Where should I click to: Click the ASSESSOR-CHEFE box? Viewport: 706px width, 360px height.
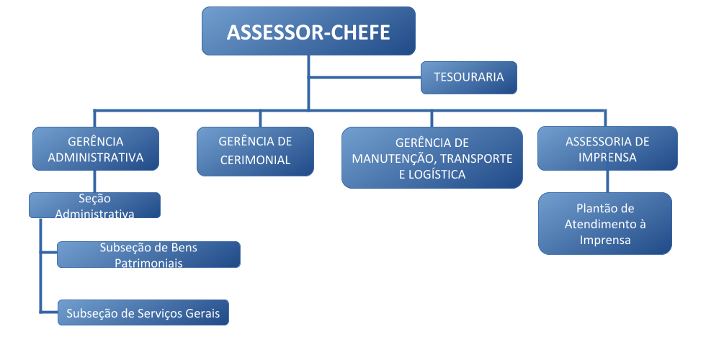(308, 32)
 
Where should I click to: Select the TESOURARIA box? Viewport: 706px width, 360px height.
(469, 77)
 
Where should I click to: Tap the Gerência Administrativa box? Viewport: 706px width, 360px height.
(95, 148)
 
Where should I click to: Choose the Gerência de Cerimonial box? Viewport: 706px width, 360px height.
(255, 151)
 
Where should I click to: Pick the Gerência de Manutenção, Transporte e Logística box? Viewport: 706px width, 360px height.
(432, 158)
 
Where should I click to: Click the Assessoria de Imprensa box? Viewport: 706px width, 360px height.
(607, 148)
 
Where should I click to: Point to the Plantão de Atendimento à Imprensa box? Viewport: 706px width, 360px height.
(604, 223)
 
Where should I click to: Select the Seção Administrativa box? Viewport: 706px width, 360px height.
(94, 205)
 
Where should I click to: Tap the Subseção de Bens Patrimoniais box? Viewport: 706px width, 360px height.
(148, 254)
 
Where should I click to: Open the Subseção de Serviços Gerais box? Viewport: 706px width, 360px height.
(143, 313)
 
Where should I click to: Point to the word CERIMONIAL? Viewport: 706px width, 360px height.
(255, 160)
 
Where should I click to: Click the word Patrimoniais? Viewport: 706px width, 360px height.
(148, 263)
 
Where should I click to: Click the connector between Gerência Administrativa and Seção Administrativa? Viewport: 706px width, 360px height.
(95, 181)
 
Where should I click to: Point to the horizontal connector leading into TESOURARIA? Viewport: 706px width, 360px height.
(365, 77)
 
